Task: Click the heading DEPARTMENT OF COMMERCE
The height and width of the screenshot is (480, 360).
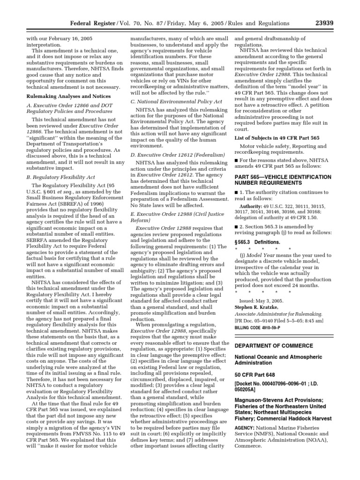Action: click(275, 345)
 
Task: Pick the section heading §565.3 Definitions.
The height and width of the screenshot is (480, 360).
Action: click(257, 242)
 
